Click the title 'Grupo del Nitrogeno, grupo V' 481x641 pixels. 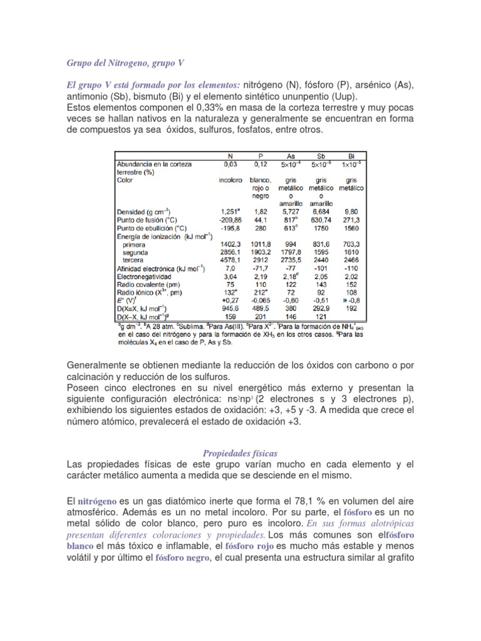(x=125, y=64)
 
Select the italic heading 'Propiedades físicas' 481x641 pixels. (x=240, y=453)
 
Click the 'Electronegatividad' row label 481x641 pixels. (x=148, y=278)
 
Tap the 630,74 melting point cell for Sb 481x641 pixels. (x=322, y=220)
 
